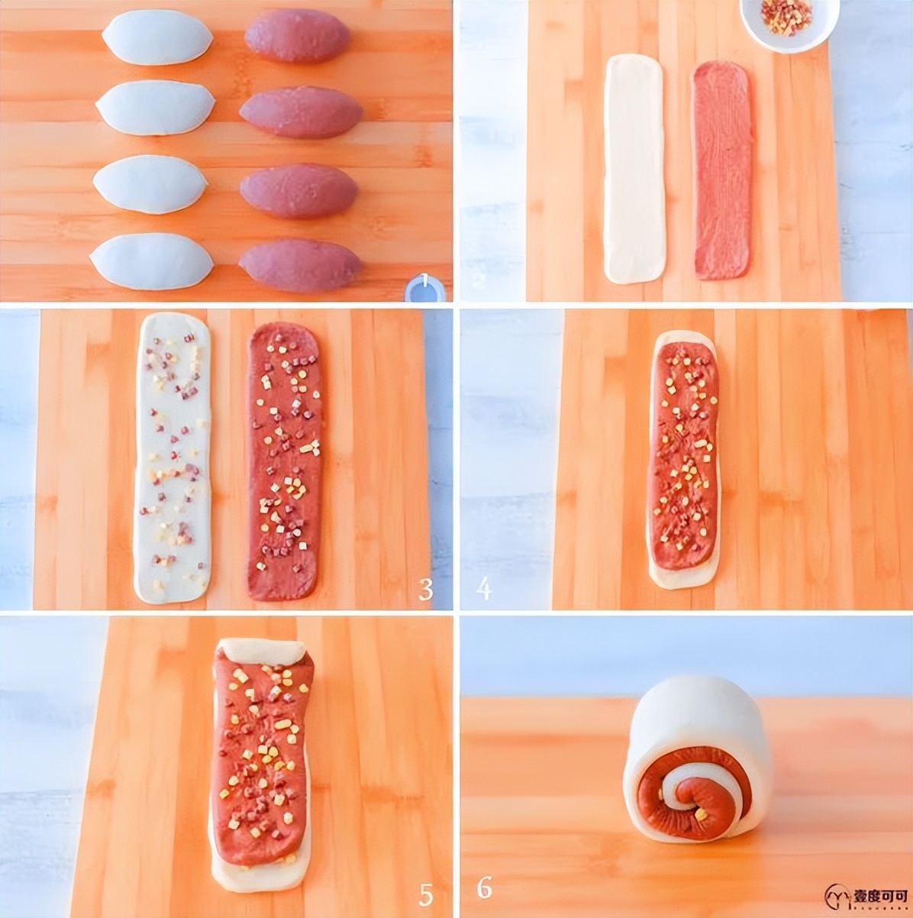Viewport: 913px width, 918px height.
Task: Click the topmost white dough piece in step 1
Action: (157, 37)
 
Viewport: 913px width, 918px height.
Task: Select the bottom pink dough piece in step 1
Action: (300, 265)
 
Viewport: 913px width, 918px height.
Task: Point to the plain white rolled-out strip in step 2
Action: (634, 168)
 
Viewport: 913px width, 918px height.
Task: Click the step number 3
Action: (425, 588)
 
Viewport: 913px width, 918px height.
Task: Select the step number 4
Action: (483, 588)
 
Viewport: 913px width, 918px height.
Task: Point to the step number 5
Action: (425, 894)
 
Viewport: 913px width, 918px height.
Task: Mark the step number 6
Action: (484, 887)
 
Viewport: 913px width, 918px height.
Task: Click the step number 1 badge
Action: (424, 289)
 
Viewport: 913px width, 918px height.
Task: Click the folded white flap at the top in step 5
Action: (262, 651)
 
